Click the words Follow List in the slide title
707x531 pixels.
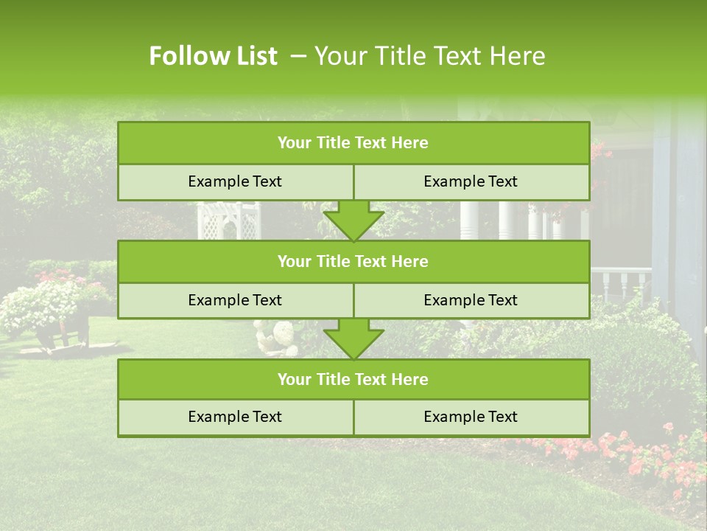213,56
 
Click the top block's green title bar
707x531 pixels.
353,143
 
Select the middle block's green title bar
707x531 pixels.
353,261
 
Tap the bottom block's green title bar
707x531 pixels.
353,379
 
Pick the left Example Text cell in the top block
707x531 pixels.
235,182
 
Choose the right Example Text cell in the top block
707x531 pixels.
471,182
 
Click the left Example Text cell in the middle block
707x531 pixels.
235,300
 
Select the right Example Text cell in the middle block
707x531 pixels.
471,300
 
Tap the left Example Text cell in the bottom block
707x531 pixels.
235,417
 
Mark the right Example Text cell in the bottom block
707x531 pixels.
471,417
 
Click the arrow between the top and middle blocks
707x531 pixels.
353,221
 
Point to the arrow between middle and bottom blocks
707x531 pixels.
353,339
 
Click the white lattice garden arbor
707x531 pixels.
228,221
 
